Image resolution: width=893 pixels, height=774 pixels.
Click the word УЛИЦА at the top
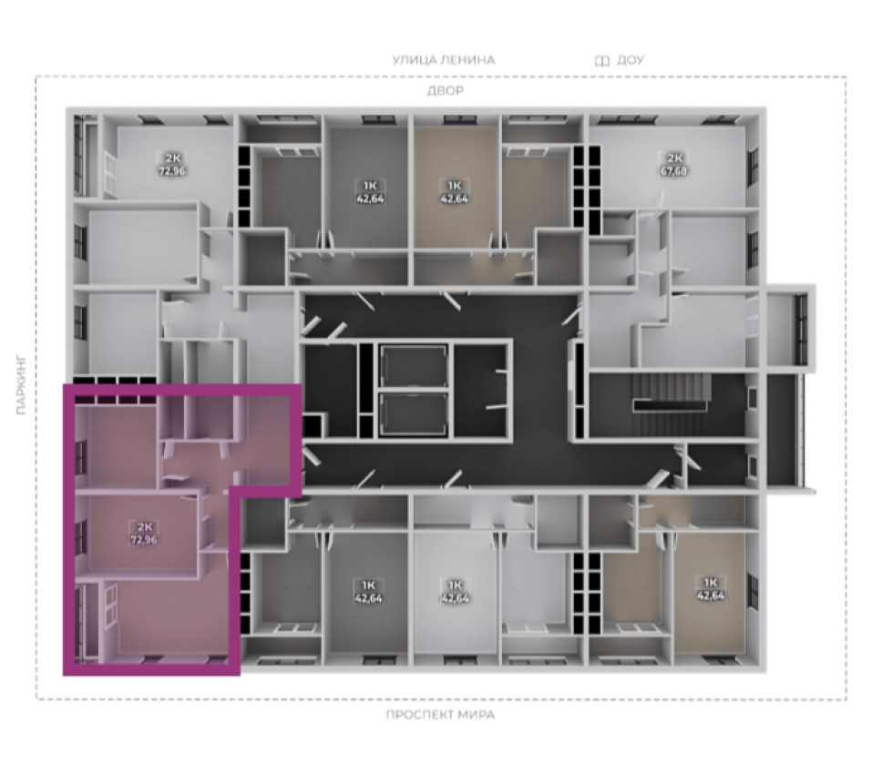pos(416,60)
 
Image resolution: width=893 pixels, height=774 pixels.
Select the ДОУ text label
pos(630,60)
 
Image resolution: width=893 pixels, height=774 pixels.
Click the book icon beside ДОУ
pos(602,60)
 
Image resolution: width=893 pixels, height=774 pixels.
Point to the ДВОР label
pos(446,90)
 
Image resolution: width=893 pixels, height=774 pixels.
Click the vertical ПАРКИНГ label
pos(22,385)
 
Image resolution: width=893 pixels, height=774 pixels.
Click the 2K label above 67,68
pos(673,158)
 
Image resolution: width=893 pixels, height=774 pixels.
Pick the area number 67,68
pos(673,170)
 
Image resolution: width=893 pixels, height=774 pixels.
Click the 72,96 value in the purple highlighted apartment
pos(144,539)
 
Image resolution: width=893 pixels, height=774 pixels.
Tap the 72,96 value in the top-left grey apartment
pos(172,170)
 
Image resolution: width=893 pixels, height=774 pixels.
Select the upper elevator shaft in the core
pos(414,366)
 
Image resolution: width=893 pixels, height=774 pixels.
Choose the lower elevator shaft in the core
pos(414,413)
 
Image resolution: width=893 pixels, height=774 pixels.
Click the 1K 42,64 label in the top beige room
pos(455,192)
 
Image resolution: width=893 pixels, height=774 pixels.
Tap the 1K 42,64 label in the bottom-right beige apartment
pos(711,589)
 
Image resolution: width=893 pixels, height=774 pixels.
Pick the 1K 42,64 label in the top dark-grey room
pos(369,192)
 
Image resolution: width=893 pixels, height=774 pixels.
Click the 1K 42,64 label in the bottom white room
pos(455,591)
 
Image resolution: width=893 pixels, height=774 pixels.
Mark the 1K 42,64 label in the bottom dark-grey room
pos(369,591)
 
